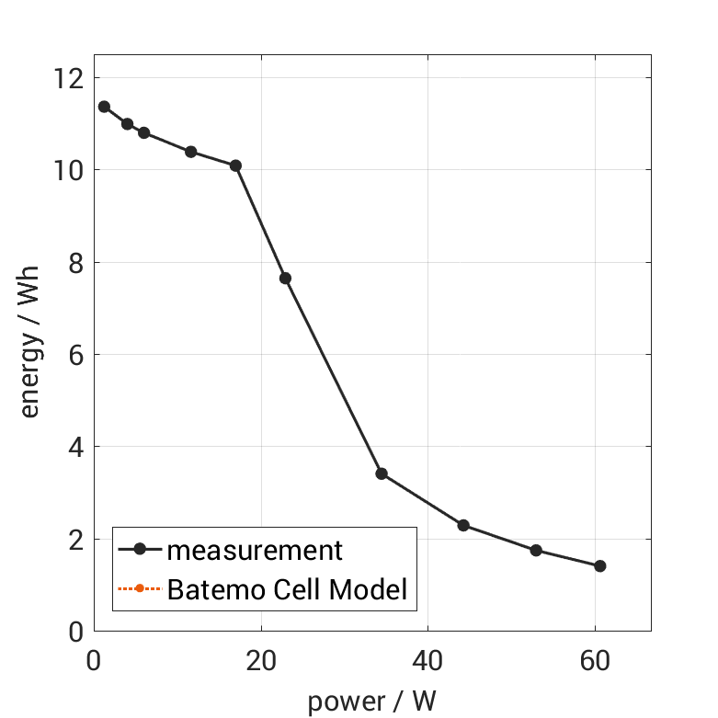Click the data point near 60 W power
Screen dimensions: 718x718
click(600, 565)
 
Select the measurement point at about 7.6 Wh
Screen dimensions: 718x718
click(285, 278)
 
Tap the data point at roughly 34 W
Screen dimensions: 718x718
click(382, 473)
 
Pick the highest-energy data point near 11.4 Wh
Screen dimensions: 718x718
click(104, 107)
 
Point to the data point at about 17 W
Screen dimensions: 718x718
click(235, 165)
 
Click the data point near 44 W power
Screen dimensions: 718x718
click(463, 525)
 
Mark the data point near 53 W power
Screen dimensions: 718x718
click(536, 550)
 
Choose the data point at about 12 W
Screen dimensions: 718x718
click(190, 152)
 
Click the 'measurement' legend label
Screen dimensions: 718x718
click(254, 550)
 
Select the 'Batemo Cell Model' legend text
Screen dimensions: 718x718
click(287, 588)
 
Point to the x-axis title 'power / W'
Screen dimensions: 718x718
click(371, 701)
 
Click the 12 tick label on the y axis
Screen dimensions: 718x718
click(70, 78)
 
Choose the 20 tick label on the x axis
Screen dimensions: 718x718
click(261, 660)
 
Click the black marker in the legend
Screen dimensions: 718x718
click(140, 550)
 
